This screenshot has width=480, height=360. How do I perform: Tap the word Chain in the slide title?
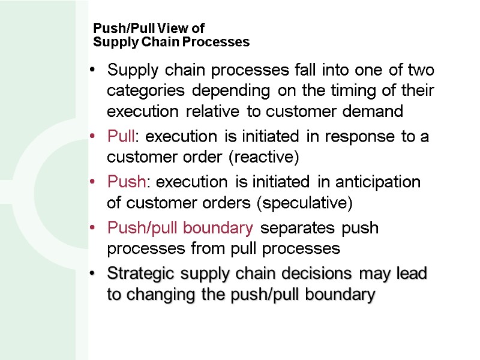pyautogui.click(x=158, y=42)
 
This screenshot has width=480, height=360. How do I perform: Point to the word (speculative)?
pyautogui.click(x=304, y=203)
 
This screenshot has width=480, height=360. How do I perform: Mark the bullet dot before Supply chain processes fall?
pyautogui.click(x=92, y=70)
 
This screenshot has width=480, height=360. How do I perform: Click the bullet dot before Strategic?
pyautogui.click(x=92, y=274)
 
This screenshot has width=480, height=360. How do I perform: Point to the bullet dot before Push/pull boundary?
pyautogui.click(x=92, y=229)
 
